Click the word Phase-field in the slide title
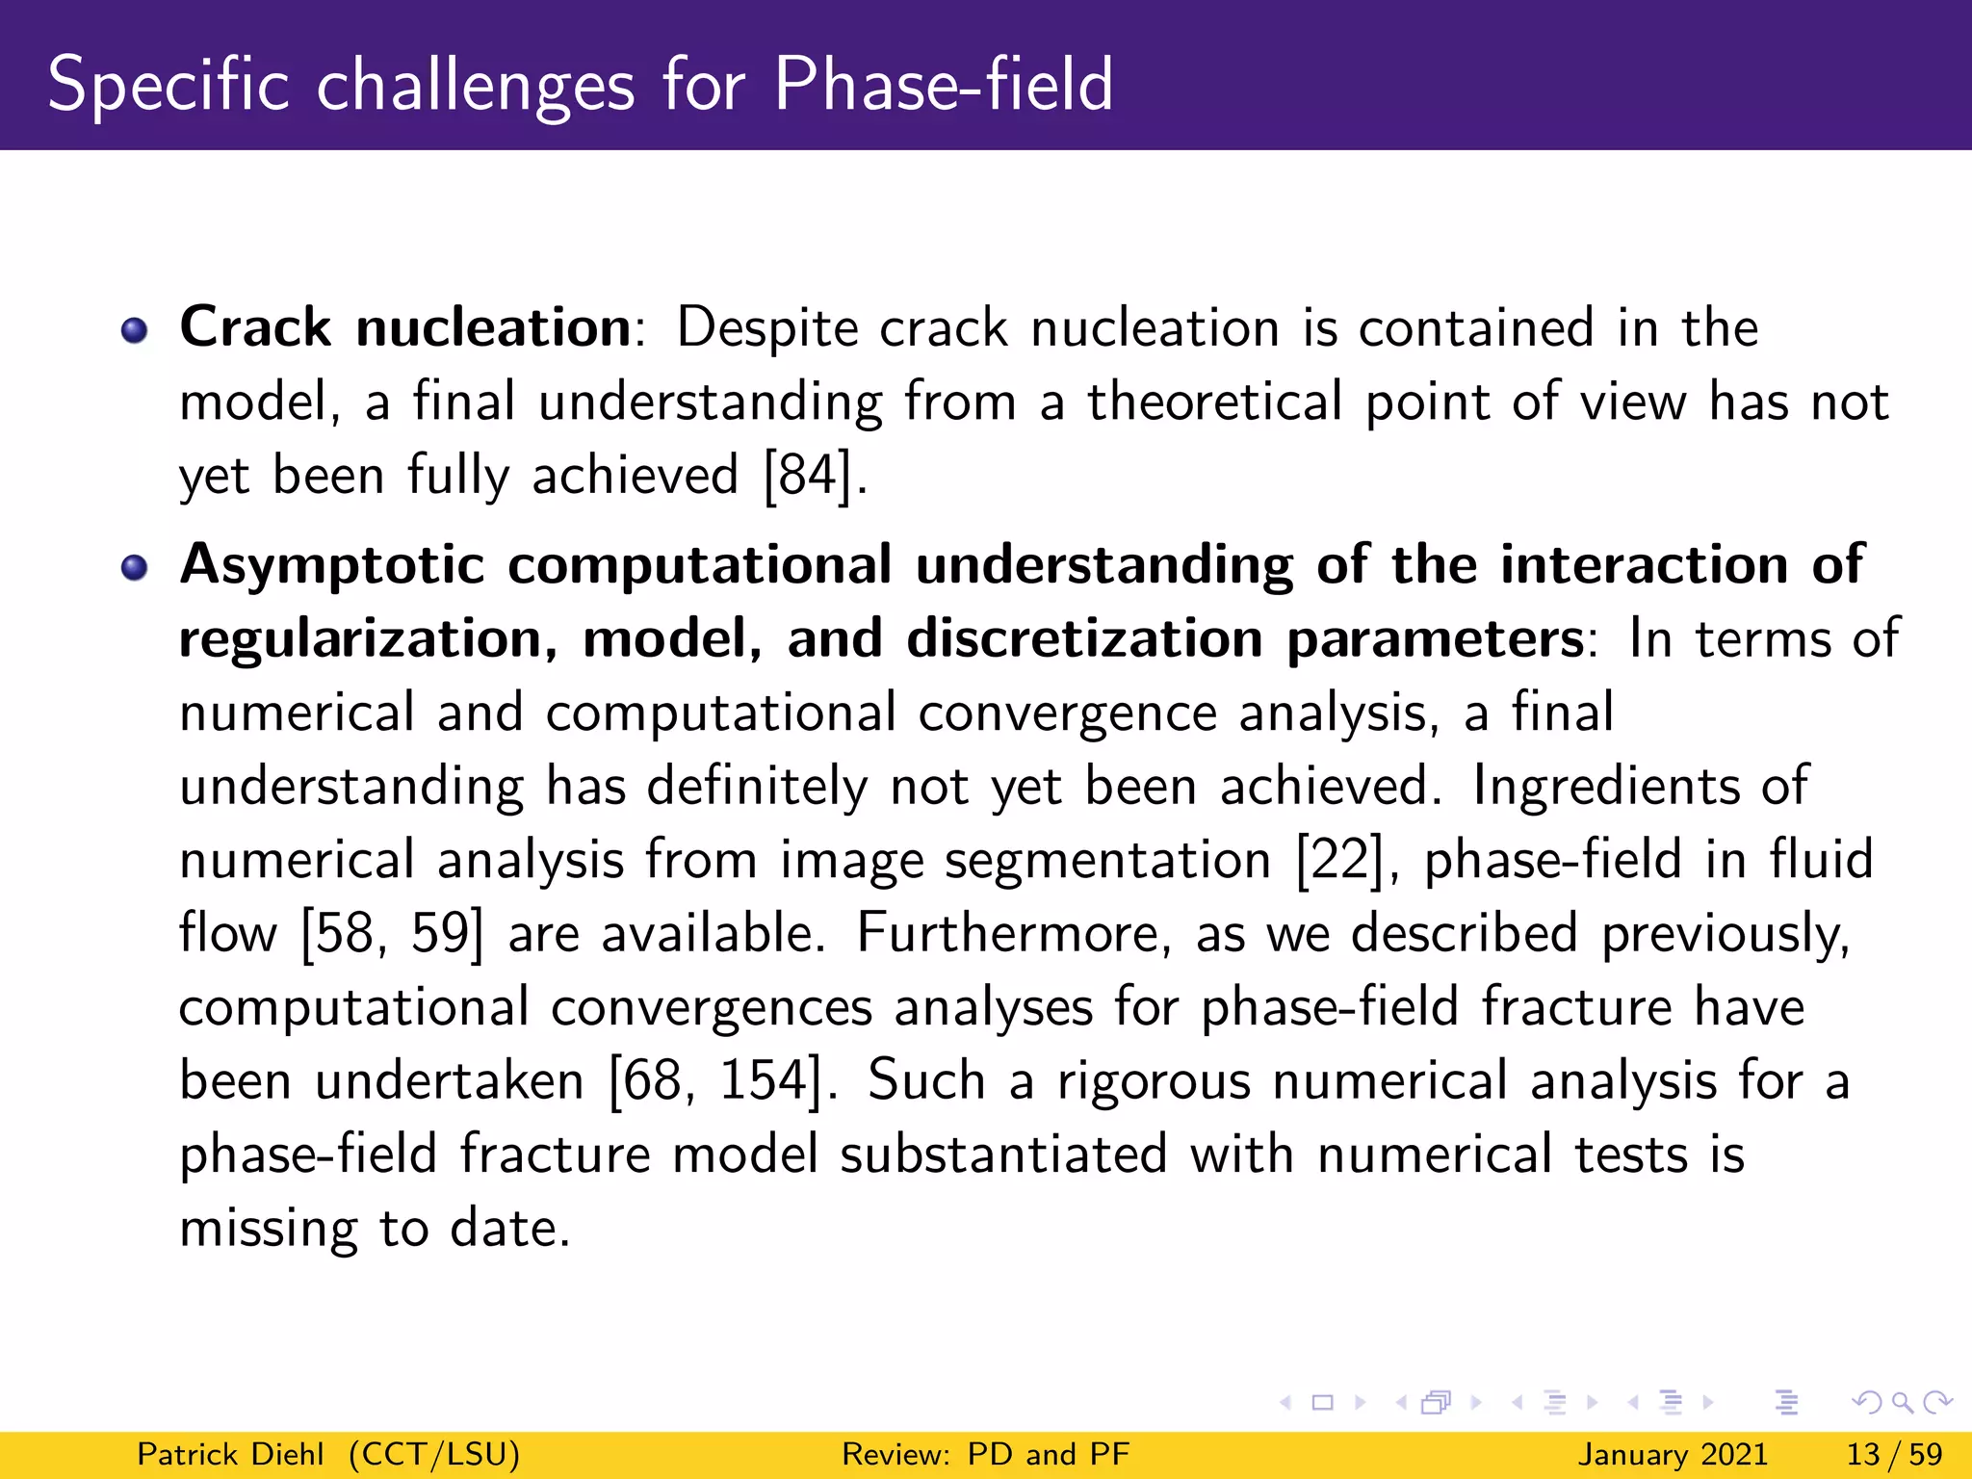tap(943, 85)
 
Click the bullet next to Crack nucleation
tap(135, 331)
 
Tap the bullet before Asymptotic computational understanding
tap(135, 568)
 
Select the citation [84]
tap(808, 476)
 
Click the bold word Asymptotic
tap(331, 566)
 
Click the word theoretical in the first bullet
tap(1214, 402)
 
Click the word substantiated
tap(1002, 1155)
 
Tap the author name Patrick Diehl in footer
tap(230, 1454)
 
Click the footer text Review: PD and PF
tap(985, 1454)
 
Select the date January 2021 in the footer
tap(1673, 1454)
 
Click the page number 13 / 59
tap(1893, 1454)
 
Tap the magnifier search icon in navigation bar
tap(1901, 1403)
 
